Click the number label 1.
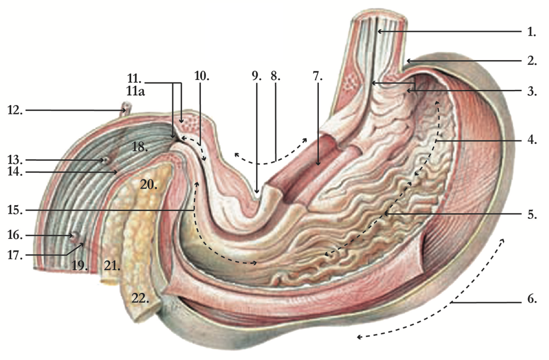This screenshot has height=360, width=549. [532, 32]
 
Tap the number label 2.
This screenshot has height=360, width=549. [532, 61]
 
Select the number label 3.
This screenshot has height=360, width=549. [532, 91]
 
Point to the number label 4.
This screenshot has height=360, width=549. [532, 140]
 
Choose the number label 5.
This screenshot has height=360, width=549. [532, 214]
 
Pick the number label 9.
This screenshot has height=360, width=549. [256, 75]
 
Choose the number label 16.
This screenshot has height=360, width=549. [16, 235]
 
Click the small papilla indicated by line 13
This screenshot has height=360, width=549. [106, 160]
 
